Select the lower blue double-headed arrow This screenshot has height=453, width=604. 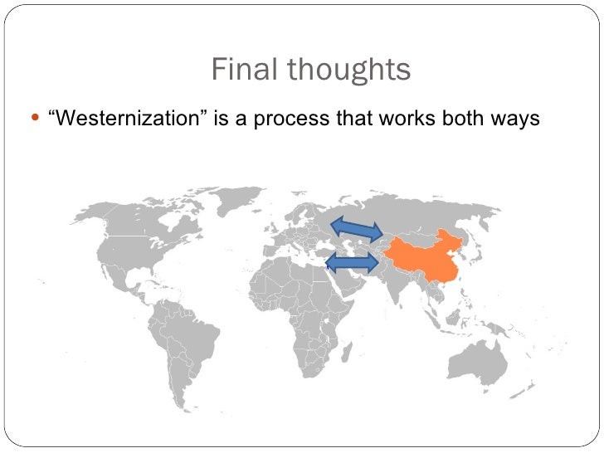(x=352, y=263)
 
